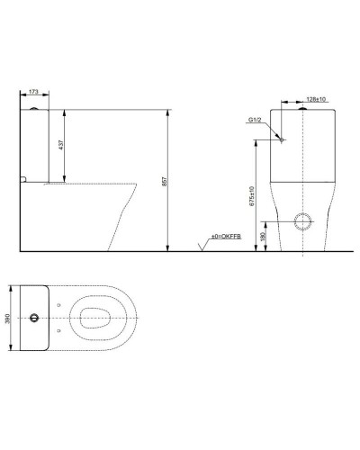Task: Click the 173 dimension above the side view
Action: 33,92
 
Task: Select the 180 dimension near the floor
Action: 262,236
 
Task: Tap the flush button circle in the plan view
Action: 35,319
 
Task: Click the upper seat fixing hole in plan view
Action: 60,304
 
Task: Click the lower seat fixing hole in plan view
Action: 60,334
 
